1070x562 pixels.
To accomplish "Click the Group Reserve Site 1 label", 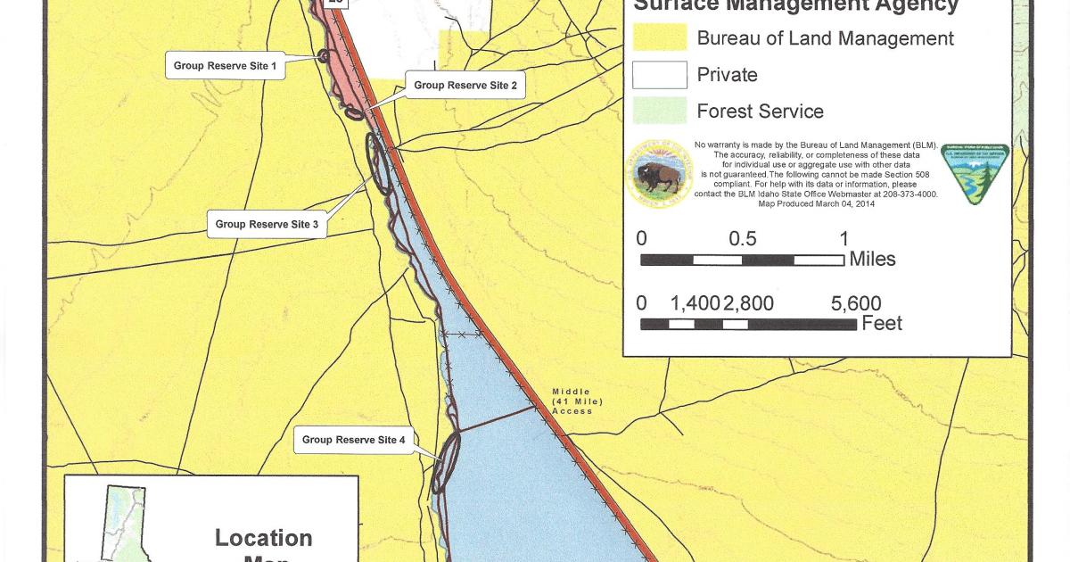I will point(226,66).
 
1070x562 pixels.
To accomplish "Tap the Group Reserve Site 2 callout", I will point(465,86).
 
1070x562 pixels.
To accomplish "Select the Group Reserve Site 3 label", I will point(267,224).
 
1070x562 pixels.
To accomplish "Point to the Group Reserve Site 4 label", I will point(353,440).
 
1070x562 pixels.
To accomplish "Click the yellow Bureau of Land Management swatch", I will point(660,38).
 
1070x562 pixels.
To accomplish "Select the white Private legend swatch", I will point(660,75).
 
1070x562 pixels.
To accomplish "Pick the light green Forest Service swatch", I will point(660,112).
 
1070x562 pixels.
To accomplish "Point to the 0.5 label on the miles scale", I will point(742,239).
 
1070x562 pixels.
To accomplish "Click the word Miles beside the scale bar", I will point(872,260).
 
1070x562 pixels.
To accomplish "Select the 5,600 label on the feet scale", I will point(855,304).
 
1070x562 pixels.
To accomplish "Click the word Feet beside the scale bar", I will point(882,323).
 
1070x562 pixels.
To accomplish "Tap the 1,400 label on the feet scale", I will point(695,304).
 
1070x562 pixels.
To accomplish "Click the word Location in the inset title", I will point(263,538).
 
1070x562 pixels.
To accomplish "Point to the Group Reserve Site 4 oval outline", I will point(445,461).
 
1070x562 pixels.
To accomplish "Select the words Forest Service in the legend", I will point(760,112).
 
